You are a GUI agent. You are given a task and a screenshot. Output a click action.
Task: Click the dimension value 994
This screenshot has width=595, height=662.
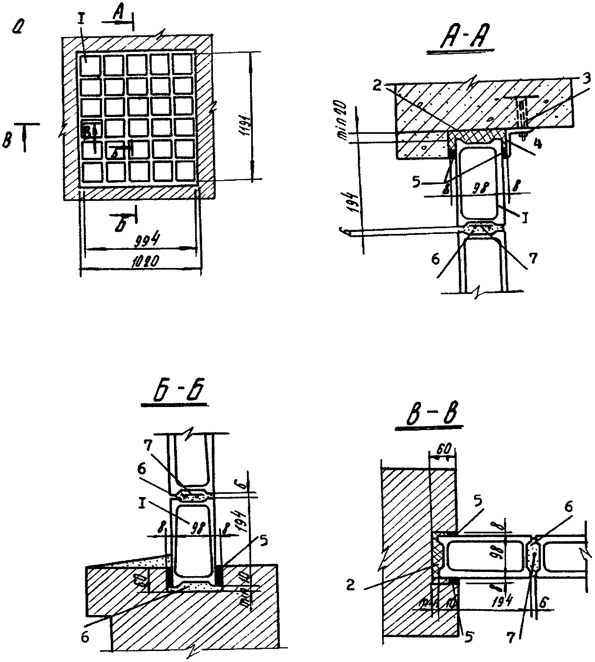coord(147,241)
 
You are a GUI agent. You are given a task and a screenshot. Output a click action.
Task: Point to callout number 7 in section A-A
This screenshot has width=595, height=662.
coord(533,258)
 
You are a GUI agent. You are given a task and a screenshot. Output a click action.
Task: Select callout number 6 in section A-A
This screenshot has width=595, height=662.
coord(436,259)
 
